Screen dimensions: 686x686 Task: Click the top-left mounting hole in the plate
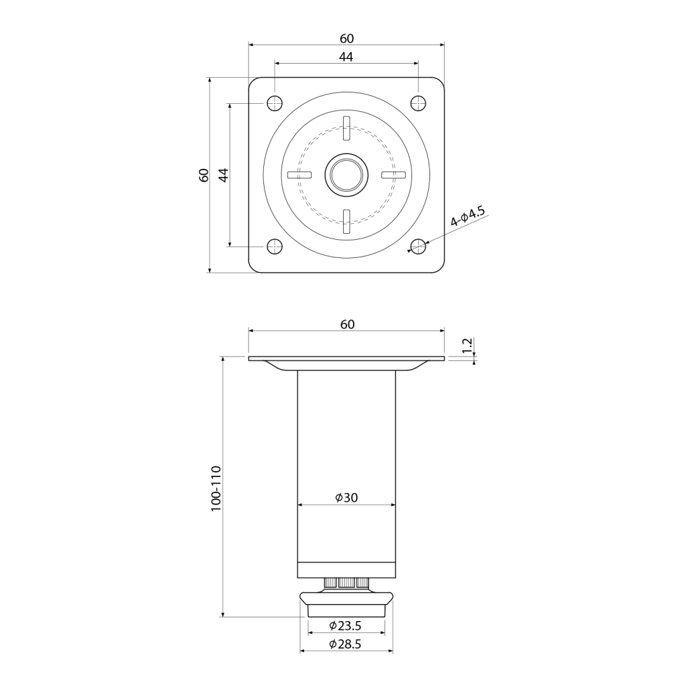click(x=274, y=103)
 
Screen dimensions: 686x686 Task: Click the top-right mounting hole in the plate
click(x=418, y=103)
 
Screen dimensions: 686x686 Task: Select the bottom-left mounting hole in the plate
click(x=274, y=247)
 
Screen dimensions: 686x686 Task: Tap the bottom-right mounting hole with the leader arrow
click(x=418, y=247)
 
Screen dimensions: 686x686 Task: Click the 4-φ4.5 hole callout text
click(x=468, y=216)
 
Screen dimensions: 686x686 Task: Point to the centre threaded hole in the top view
click(x=346, y=175)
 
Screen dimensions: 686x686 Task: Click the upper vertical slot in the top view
click(x=346, y=128)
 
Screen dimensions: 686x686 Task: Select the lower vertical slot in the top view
click(x=346, y=222)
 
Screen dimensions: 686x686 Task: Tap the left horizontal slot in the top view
click(x=299, y=175)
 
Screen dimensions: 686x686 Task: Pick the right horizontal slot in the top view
click(x=394, y=175)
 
